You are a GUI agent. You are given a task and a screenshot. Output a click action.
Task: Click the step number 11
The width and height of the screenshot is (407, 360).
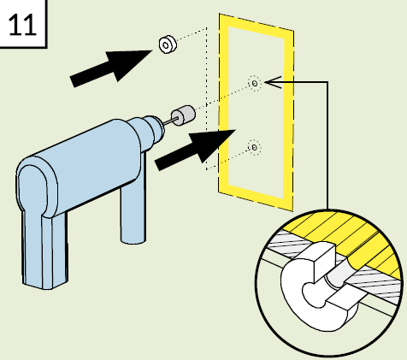[x=22, y=25]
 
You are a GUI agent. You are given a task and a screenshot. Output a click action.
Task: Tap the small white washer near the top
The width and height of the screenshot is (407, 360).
[x=168, y=44]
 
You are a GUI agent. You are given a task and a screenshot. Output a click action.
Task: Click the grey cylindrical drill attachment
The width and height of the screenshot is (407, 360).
[x=183, y=115]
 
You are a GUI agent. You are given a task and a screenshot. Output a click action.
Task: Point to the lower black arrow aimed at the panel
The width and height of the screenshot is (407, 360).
[x=196, y=150]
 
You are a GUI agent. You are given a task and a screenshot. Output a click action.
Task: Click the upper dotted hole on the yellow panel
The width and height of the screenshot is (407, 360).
[x=255, y=84]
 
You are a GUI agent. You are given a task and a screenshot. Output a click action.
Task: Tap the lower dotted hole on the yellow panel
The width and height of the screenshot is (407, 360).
[x=254, y=147]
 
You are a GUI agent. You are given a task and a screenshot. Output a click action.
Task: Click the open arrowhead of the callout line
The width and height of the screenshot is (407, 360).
[x=273, y=82]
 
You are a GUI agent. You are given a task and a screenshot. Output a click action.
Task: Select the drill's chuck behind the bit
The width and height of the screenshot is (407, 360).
[x=153, y=129]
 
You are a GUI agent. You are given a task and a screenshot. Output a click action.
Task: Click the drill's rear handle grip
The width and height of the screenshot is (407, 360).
[x=40, y=228]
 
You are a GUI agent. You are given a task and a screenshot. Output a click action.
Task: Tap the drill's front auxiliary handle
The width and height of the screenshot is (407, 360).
[x=133, y=211]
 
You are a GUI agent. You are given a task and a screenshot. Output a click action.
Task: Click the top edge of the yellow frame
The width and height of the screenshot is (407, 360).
[x=257, y=27]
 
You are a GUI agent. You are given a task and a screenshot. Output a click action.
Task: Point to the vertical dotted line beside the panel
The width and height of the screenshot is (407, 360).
[x=207, y=98]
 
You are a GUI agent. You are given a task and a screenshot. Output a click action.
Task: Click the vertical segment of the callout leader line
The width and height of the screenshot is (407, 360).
[x=327, y=146]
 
